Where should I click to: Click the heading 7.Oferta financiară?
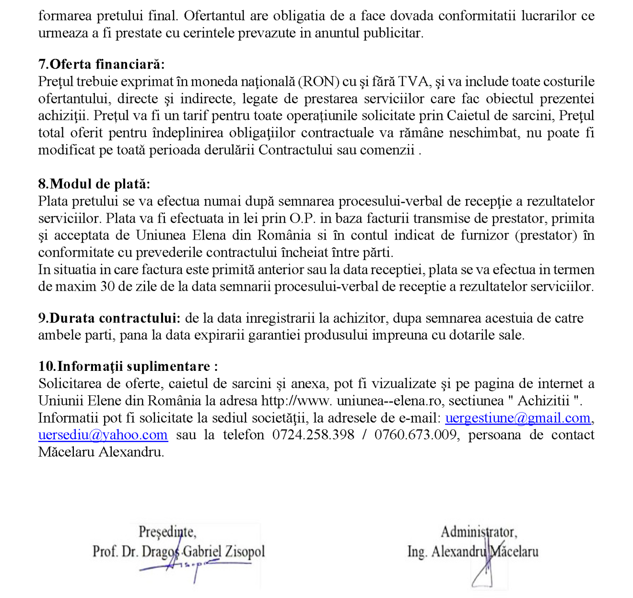(101, 64)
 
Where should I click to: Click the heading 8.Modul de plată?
(94, 184)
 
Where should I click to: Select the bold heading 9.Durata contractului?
(109, 318)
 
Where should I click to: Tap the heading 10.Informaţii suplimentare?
(128, 367)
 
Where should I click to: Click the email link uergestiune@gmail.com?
(517, 418)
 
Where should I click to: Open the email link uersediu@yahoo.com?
(103, 435)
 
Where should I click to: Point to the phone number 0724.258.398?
(313, 435)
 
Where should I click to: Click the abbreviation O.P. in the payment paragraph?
(302, 218)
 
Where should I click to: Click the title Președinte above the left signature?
(167, 532)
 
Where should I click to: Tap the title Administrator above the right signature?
(479, 532)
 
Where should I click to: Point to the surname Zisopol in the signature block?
(244, 552)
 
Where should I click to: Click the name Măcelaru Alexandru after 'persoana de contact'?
(101, 452)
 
